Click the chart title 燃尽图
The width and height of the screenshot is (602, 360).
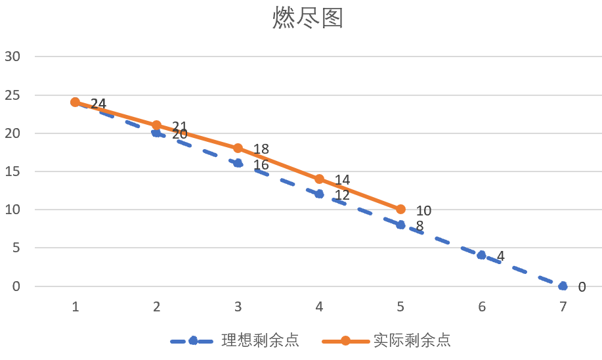(308, 19)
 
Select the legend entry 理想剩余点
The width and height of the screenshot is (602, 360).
(260, 340)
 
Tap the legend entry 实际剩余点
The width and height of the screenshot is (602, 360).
(412, 340)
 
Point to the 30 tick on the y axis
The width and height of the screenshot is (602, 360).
(12, 56)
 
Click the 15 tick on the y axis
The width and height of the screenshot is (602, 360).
(12, 171)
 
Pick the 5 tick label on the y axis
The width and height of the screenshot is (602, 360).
(16, 248)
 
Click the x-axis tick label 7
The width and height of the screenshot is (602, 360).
(563, 307)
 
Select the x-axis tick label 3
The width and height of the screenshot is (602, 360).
(238, 307)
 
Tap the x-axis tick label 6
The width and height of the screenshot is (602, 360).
(481, 307)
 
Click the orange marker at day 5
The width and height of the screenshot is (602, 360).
(400, 210)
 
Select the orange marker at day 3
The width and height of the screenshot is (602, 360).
(238, 148)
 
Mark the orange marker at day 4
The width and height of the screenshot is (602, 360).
(319, 179)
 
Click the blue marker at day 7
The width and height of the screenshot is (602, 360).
(563, 286)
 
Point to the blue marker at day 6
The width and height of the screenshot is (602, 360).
(481, 256)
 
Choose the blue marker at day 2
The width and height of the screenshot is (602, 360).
(156, 133)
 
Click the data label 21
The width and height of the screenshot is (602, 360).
(179, 125)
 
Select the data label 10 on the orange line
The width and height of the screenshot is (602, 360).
(423, 211)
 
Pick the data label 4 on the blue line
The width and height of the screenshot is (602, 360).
(500, 256)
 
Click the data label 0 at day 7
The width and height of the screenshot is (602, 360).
(582, 287)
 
